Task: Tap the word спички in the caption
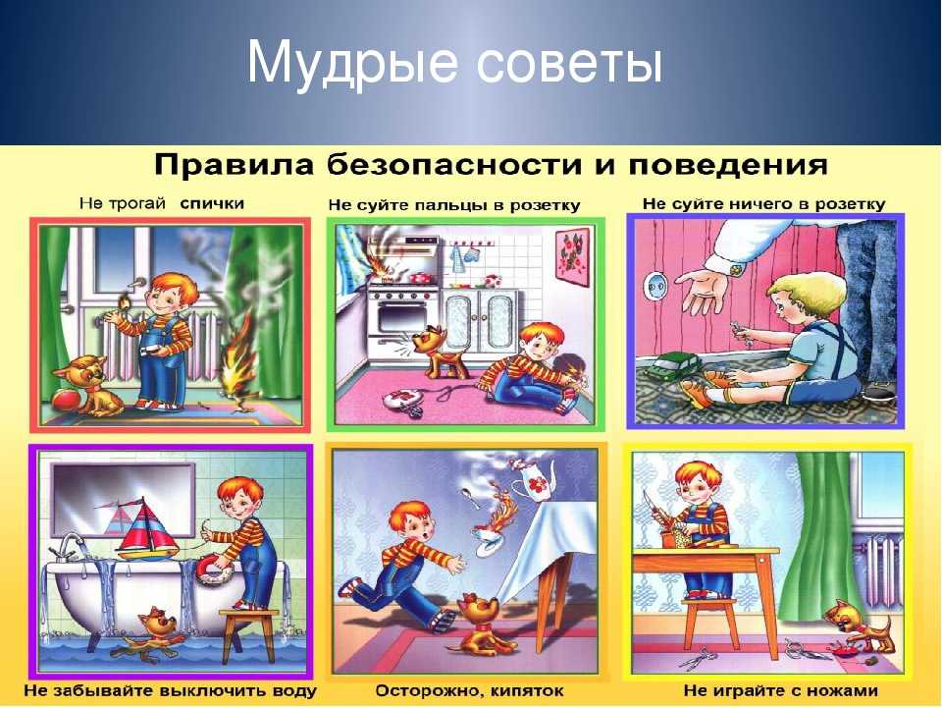coord(212,203)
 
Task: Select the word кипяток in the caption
coord(527,690)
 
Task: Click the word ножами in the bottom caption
coord(843,690)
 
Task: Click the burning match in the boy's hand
coord(125,302)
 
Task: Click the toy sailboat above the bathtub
coord(144,529)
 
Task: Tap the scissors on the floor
coord(695,657)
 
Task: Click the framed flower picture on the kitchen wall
coord(572,254)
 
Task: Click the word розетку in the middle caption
coord(545,205)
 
